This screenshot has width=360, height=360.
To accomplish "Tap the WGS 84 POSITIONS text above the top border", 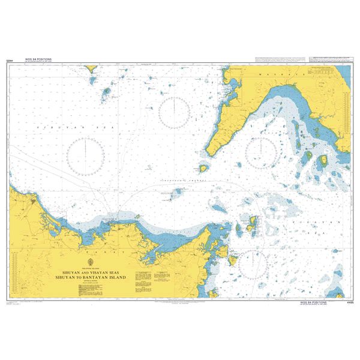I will click(x=38, y=59).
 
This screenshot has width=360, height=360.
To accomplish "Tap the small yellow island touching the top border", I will click(x=92, y=68).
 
